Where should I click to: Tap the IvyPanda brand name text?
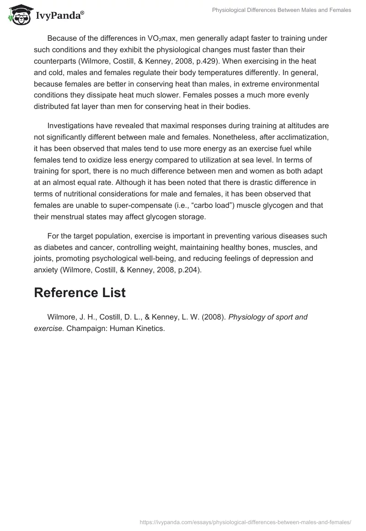[x=59, y=16]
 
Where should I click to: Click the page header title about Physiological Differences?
[x=282, y=10]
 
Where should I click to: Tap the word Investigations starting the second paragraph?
[x=71, y=125]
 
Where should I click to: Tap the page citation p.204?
[x=186, y=270]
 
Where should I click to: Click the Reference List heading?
[x=80, y=293]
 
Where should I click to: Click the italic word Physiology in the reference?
[x=247, y=317]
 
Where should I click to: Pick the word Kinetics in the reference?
[x=149, y=329]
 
